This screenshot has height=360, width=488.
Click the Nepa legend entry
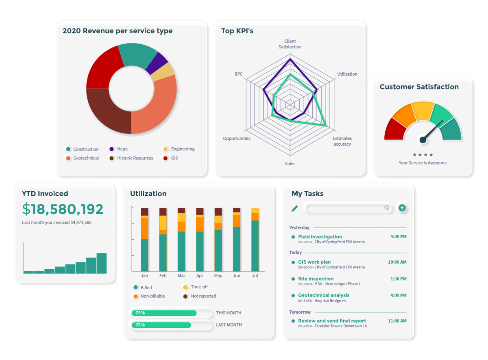click(x=122, y=149)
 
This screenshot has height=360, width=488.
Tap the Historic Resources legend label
click(x=135, y=158)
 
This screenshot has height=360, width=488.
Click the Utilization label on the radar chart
click(x=347, y=74)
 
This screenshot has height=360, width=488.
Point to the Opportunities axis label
click(x=237, y=139)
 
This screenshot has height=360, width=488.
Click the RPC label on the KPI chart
click(x=239, y=74)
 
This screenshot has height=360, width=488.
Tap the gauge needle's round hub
click(x=423, y=140)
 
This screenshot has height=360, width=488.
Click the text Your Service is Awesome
click(x=423, y=163)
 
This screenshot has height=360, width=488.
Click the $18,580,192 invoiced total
click(x=63, y=209)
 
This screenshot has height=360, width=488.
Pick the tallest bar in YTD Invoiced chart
click(x=101, y=263)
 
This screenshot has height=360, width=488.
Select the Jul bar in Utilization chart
click(x=255, y=240)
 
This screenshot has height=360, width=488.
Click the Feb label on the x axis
click(x=163, y=276)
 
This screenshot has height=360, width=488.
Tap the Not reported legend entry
click(x=203, y=296)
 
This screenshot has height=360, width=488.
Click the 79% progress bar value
click(x=140, y=313)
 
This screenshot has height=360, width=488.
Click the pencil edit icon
click(x=295, y=208)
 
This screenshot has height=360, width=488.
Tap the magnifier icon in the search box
click(x=386, y=208)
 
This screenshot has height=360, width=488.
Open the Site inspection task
click(x=316, y=279)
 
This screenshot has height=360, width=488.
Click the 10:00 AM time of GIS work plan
click(x=397, y=262)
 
